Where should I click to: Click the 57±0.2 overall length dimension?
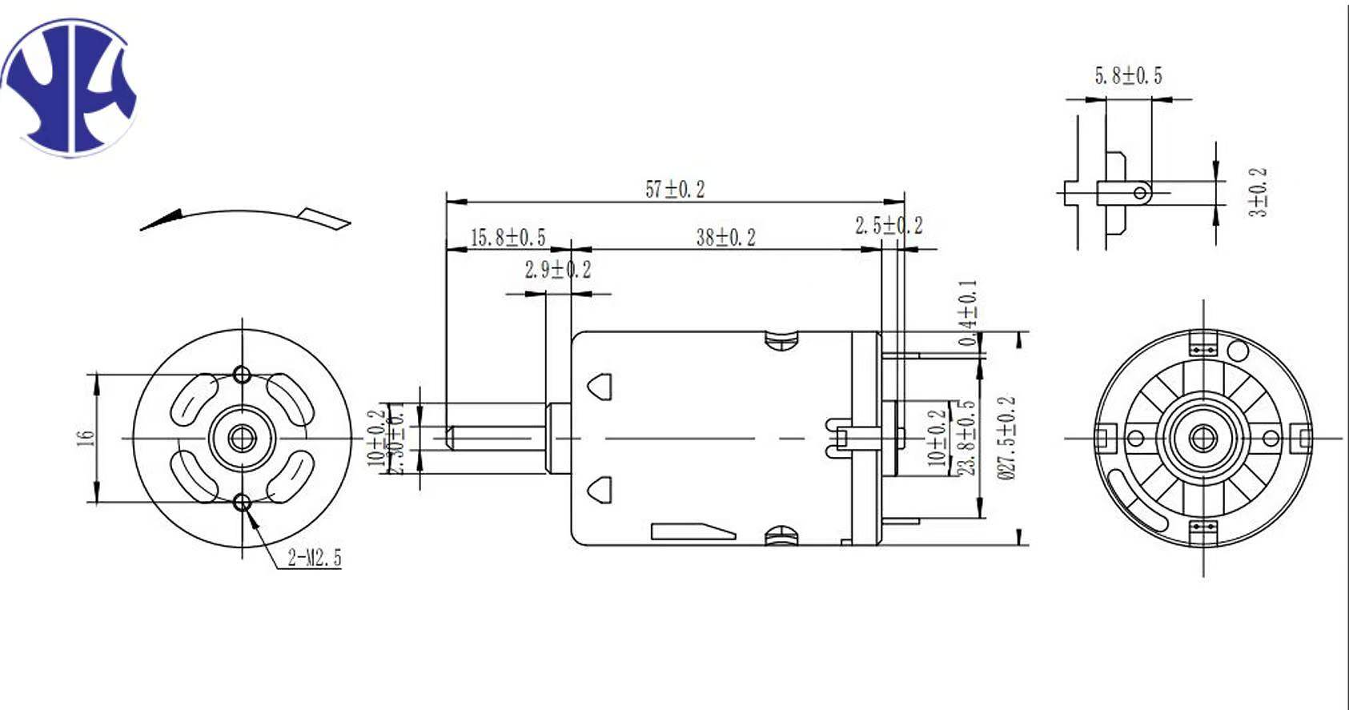coord(675,189)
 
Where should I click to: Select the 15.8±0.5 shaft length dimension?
coord(507,238)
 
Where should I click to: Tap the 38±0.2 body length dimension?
coord(725,238)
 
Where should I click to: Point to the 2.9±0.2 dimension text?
coord(558,270)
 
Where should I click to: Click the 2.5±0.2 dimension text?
coord(889,226)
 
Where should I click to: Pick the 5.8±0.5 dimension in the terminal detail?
coord(1128,76)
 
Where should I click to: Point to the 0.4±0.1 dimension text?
coord(968,313)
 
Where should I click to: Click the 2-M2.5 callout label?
coord(315,558)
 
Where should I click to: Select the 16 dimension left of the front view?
coord(86,438)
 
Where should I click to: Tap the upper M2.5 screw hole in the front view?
coord(242,374)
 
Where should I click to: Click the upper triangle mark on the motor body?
coord(600,385)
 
